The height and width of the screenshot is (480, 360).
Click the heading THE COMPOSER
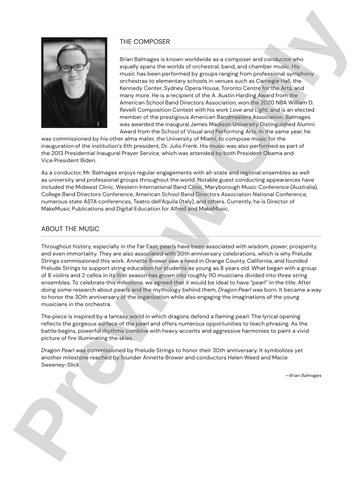click(x=144, y=42)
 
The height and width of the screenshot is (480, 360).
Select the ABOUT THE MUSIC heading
click(x=70, y=229)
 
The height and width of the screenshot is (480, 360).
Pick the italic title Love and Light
click(x=249, y=110)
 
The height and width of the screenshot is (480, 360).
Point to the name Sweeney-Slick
click(x=61, y=365)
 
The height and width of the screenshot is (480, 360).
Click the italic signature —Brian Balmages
click(x=304, y=376)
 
